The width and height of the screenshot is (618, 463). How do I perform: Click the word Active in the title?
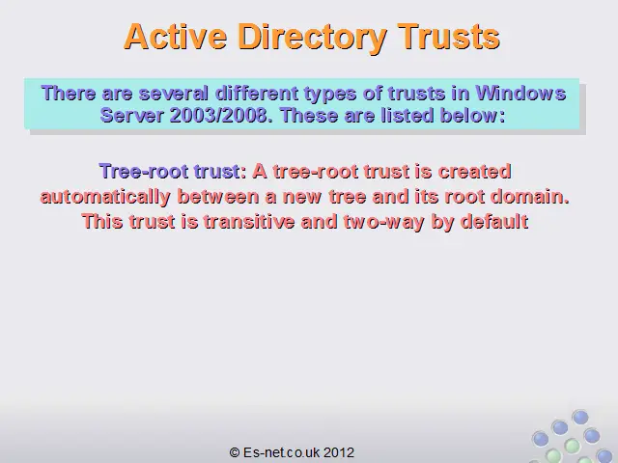[x=176, y=37]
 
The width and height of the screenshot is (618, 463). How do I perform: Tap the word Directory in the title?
[x=312, y=39]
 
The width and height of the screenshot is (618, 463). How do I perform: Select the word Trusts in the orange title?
[x=448, y=37]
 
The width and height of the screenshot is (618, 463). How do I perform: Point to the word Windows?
[x=520, y=93]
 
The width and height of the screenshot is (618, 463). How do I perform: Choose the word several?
[x=174, y=93]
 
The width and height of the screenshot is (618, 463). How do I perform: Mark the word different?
[x=257, y=93]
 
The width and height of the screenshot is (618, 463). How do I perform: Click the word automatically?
[x=105, y=197]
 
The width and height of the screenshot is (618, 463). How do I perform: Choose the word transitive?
[x=249, y=221]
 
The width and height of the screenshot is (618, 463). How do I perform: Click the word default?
[x=494, y=221]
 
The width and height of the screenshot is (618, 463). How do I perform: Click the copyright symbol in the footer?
[x=235, y=452]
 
